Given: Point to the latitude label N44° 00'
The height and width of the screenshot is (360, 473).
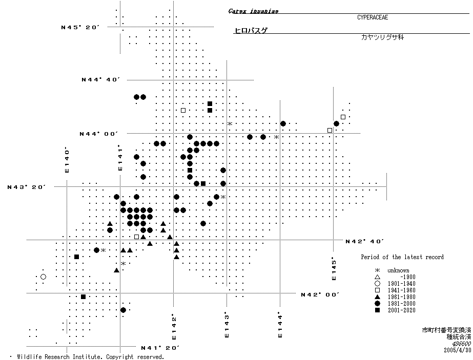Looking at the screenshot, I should tap(99, 134).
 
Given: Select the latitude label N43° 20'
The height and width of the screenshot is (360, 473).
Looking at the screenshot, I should tap(27, 187).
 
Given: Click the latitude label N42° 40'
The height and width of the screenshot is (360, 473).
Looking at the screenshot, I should tap(365, 241).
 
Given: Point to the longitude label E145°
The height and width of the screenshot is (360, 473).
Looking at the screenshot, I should tap(334, 268).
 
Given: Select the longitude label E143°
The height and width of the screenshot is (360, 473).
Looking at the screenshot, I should tap(226, 325).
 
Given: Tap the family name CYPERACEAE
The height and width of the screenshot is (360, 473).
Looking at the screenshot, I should tap(373, 17).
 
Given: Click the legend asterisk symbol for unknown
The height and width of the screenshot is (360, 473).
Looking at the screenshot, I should tap(377, 270).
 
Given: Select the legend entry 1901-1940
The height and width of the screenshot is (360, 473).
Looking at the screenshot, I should tap(401, 284).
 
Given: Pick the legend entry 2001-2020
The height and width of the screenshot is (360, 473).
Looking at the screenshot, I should tap(401, 310).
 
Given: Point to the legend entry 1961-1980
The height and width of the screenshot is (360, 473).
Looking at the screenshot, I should tap(401, 297).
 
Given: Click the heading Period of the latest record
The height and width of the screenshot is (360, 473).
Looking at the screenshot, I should tap(402, 257).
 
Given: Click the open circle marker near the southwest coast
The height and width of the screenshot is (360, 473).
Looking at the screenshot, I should tap(43, 277).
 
